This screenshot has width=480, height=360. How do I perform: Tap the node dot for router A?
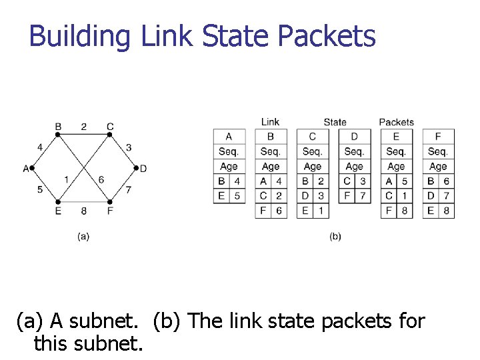click(x=32, y=168)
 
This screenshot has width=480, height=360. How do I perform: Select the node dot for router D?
click(x=135, y=168)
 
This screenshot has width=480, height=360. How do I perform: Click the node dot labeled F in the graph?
click(x=109, y=201)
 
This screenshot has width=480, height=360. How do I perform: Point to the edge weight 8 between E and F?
click(x=83, y=211)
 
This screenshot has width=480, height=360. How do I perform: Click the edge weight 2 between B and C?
click(x=84, y=126)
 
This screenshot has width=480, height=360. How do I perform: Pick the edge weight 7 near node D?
click(x=128, y=190)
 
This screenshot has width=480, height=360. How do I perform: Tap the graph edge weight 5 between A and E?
click(x=40, y=189)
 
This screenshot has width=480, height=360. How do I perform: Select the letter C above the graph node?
click(x=110, y=126)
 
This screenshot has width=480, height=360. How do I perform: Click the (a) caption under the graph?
click(x=83, y=236)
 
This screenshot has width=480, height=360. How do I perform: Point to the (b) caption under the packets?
click(x=335, y=236)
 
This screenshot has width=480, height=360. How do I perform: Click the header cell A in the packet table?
click(x=229, y=137)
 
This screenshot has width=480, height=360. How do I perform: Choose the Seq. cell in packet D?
click(x=354, y=151)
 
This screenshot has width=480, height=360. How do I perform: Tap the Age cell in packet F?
click(x=438, y=166)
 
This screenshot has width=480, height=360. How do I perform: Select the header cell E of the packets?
click(x=396, y=137)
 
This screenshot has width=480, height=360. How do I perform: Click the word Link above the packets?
click(x=270, y=122)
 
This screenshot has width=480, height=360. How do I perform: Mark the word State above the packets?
click(x=335, y=122)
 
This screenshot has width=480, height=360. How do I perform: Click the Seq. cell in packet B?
click(x=271, y=151)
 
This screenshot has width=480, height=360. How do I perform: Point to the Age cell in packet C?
click(x=312, y=166)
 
